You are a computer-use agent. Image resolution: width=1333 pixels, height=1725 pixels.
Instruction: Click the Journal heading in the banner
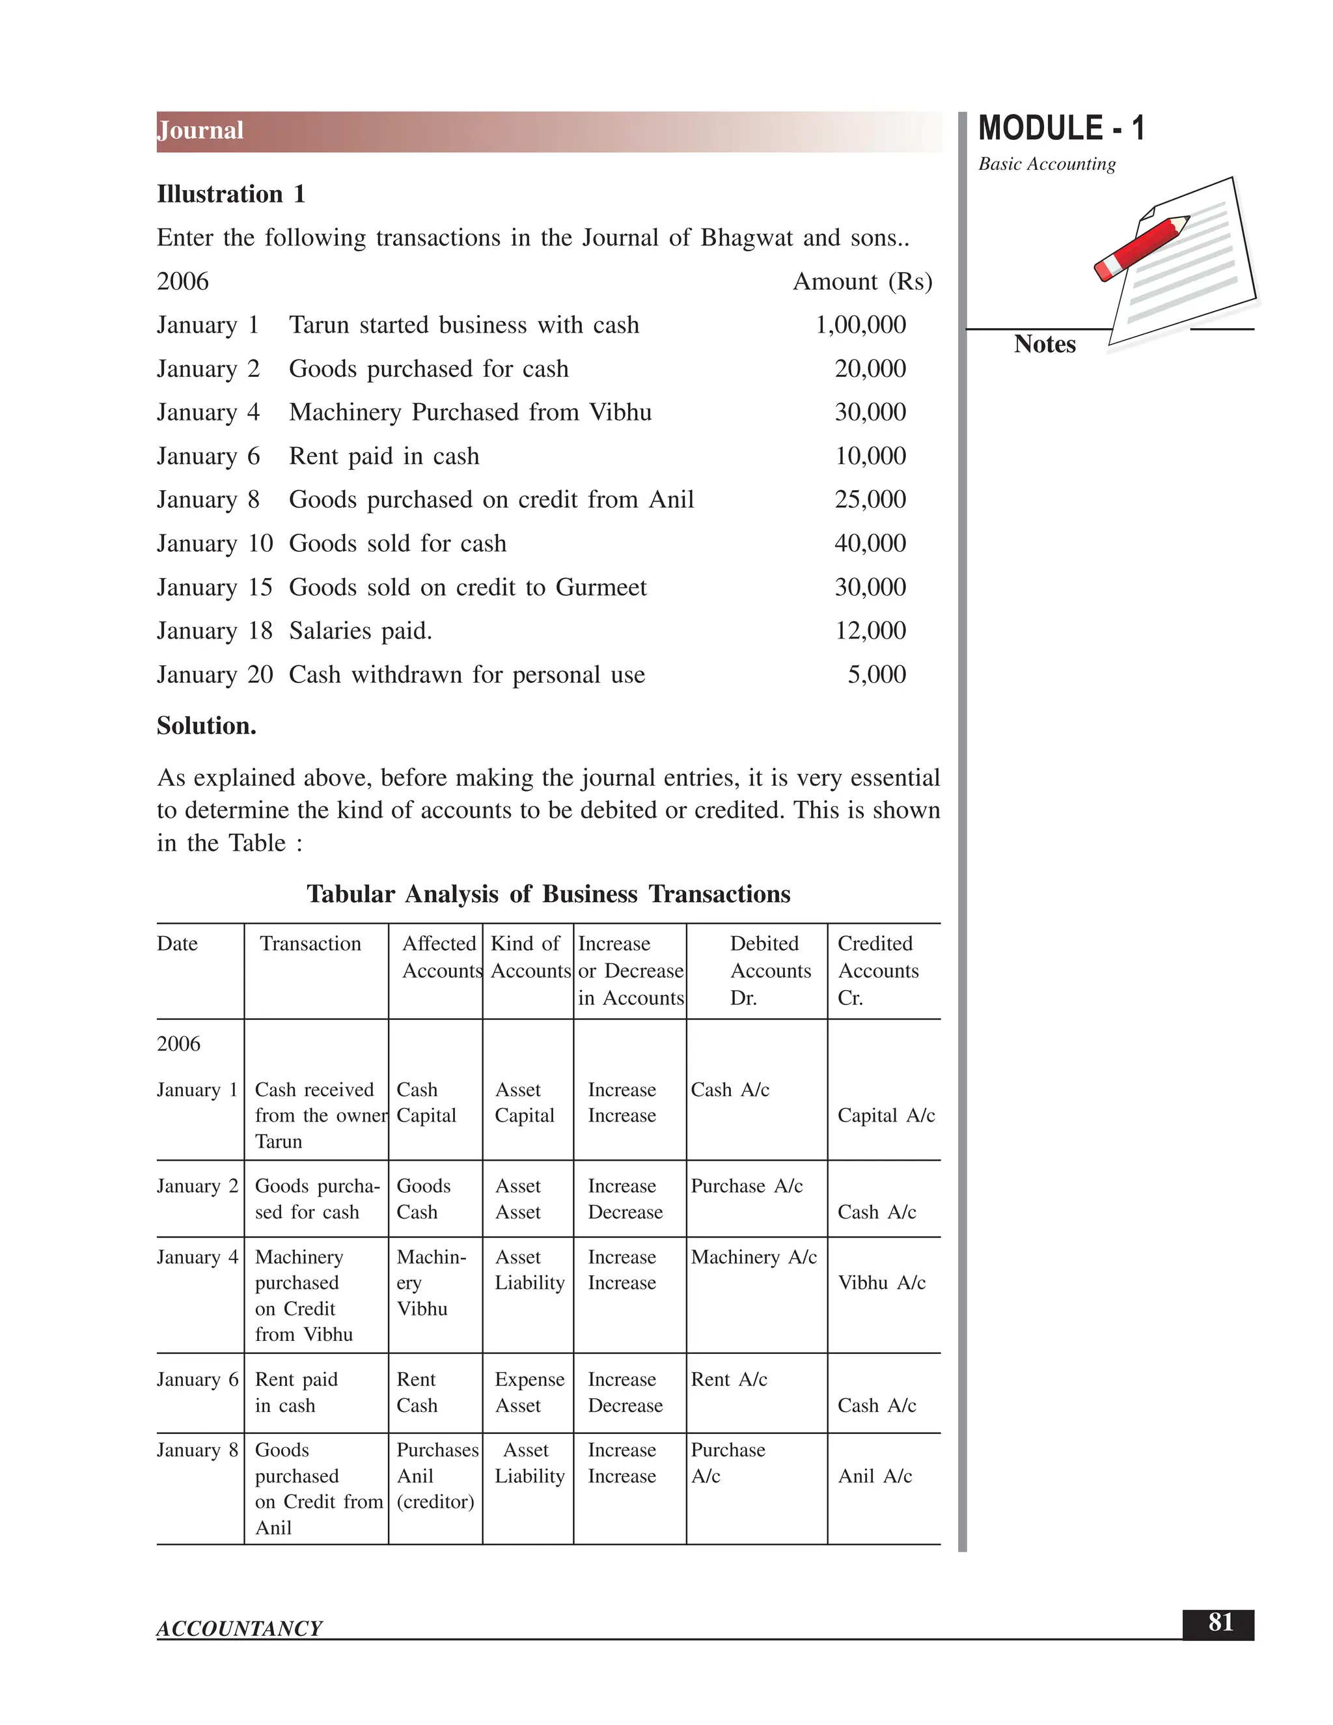click(x=200, y=130)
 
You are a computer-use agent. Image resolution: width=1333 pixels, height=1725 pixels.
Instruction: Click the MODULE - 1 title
click(x=1060, y=129)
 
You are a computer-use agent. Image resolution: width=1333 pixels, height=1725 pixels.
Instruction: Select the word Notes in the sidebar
click(x=1044, y=344)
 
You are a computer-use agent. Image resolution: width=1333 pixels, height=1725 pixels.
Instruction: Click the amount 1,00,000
click(x=860, y=325)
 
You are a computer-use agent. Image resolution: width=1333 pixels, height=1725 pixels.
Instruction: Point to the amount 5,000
click(x=876, y=674)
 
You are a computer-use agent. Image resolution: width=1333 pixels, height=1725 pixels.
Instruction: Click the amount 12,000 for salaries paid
click(x=870, y=631)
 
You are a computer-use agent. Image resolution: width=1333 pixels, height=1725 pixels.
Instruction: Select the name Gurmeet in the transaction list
click(x=600, y=588)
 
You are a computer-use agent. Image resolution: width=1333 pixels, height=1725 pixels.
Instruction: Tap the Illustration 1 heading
click(x=230, y=194)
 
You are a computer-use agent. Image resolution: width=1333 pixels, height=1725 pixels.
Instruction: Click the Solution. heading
click(x=206, y=726)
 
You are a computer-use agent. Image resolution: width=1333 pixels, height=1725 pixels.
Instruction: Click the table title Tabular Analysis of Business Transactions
click(x=548, y=894)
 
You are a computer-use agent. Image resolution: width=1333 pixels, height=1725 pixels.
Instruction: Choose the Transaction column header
click(x=310, y=944)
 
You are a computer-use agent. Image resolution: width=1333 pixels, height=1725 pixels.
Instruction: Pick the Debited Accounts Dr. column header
click(x=769, y=971)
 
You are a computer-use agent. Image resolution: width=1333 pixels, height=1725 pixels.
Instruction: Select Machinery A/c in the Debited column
click(x=753, y=1258)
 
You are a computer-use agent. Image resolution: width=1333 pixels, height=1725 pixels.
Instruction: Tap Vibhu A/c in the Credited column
click(x=881, y=1284)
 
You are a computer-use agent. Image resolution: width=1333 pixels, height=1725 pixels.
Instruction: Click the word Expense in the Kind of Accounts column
click(x=529, y=1380)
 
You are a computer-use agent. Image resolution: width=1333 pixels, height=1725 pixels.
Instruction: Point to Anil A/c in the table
click(x=874, y=1477)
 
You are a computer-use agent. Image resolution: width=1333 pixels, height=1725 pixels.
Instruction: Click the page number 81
click(x=1220, y=1622)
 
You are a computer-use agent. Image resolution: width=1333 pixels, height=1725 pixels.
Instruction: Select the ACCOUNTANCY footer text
click(x=240, y=1629)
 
